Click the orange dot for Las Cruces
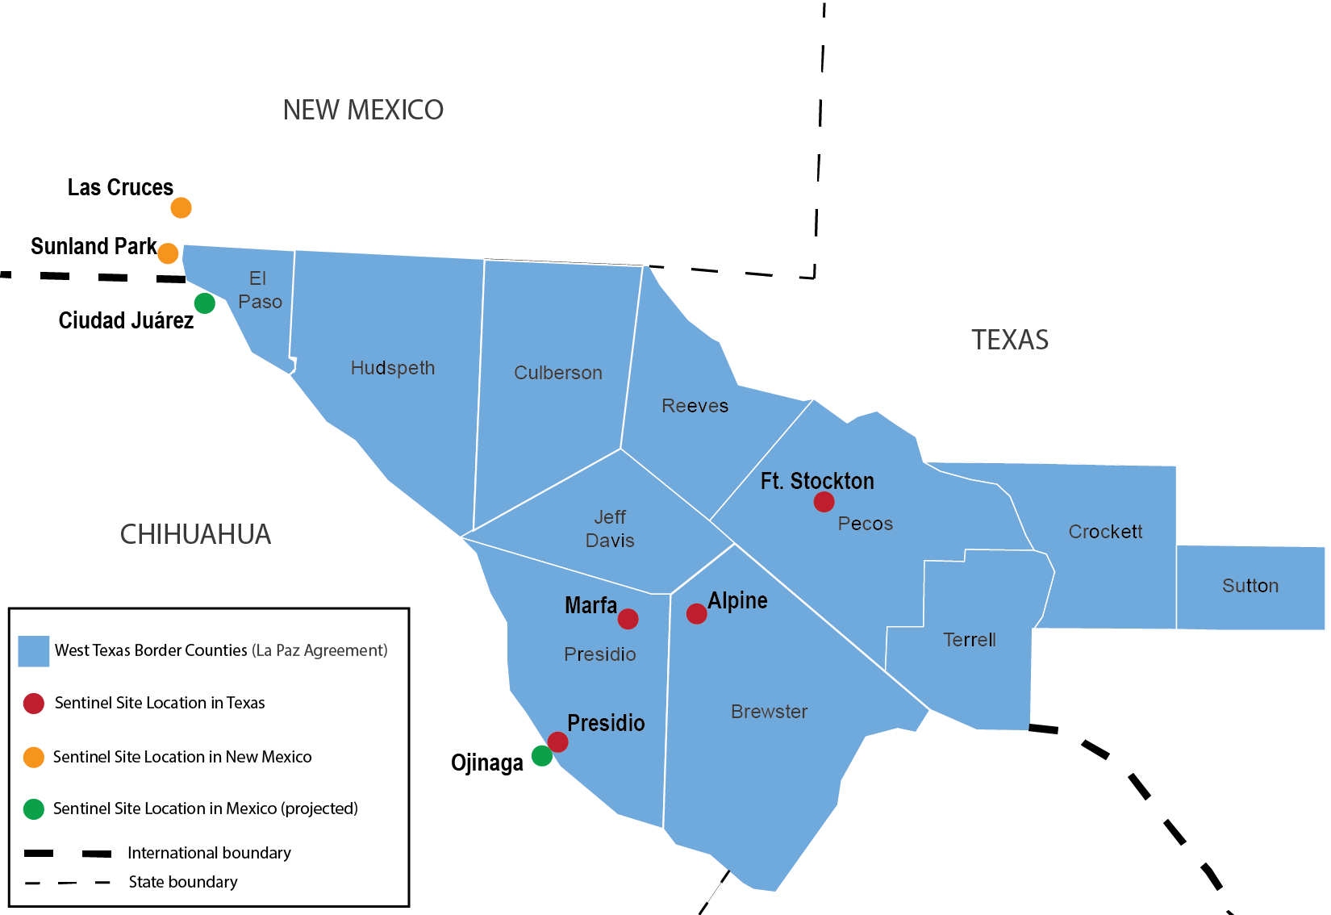coord(181,208)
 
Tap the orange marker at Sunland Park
coord(168,253)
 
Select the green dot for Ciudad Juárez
coord(205,303)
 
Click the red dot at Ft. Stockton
coord(824,502)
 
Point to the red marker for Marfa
coord(628,619)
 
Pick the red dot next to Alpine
coord(696,614)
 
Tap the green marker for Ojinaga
coord(542,756)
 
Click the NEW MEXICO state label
coord(363,111)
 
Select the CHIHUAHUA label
coord(195,534)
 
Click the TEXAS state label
coord(1009,340)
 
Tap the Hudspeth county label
coord(393,368)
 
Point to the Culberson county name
coord(558,373)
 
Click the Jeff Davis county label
coord(610,529)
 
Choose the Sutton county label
coord(1250,586)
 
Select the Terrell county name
coord(969,640)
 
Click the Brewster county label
coord(769,712)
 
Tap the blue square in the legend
coord(34,651)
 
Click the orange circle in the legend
coord(34,757)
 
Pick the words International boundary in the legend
coord(209,853)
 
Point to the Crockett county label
coord(1105,532)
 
